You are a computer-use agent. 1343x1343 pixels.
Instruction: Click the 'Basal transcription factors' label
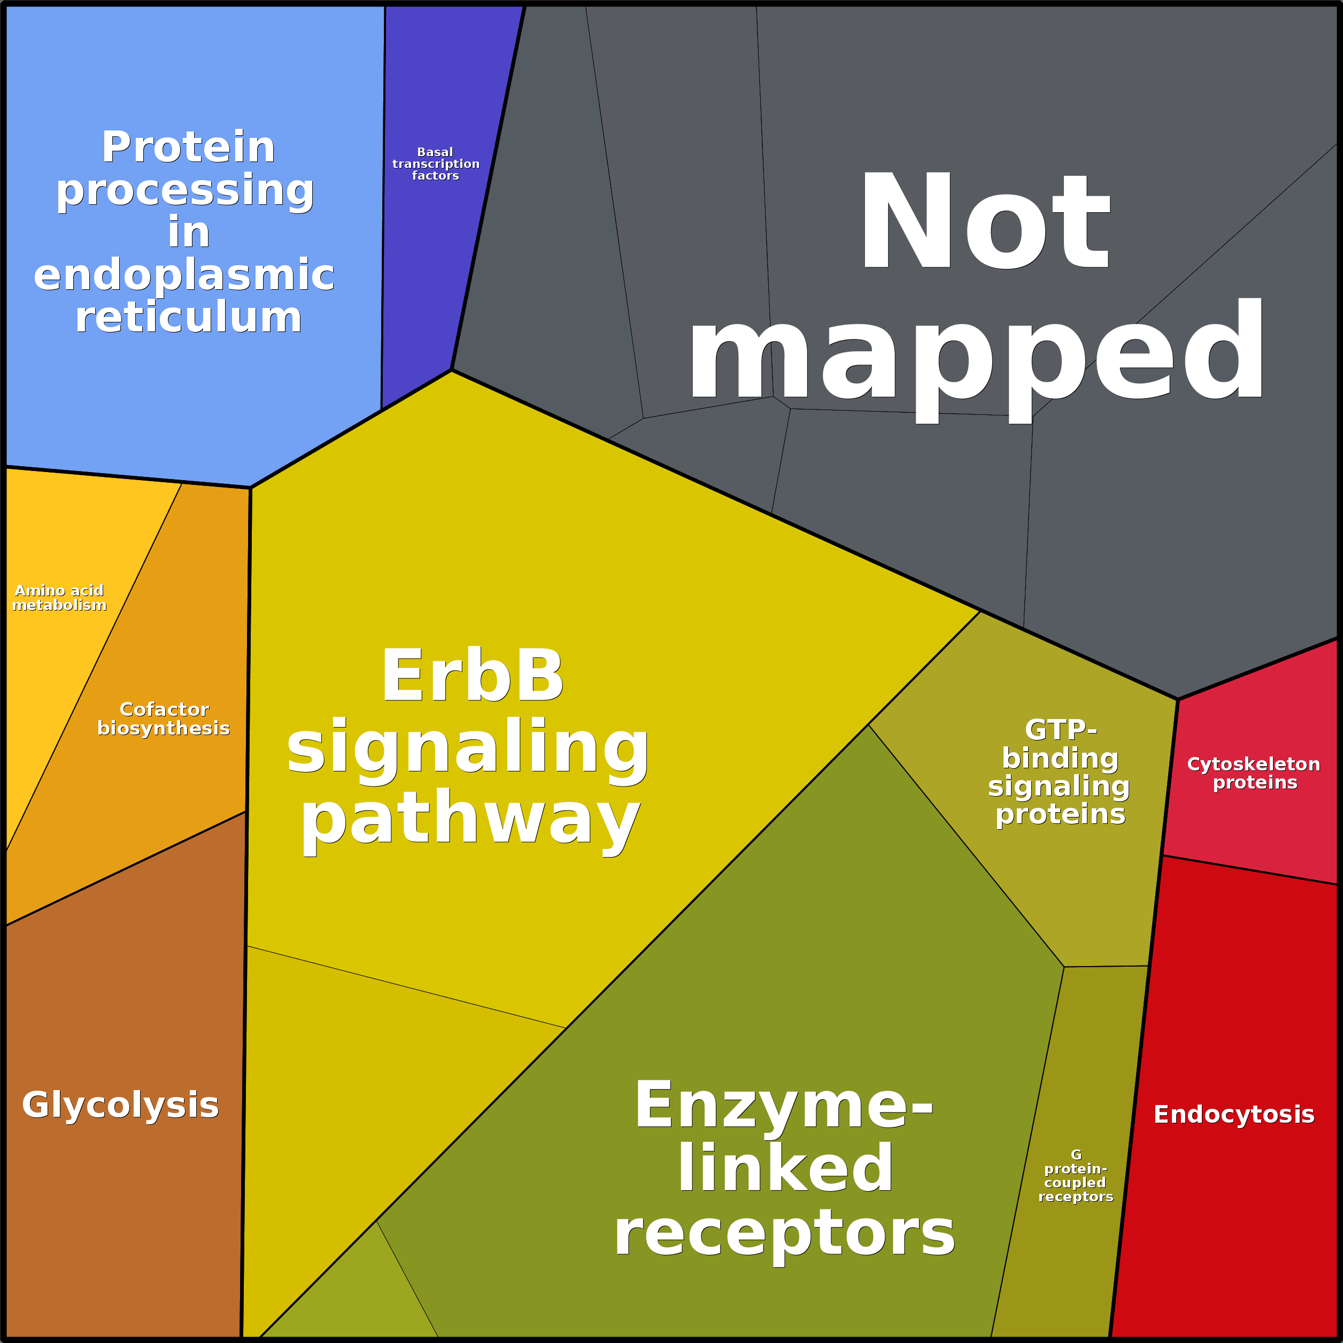click(x=436, y=164)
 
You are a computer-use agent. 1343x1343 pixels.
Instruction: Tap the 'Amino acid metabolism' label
click(x=60, y=598)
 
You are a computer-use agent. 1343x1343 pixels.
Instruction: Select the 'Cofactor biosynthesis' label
click(x=164, y=719)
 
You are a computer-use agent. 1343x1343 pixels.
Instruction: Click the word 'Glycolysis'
click(x=120, y=1105)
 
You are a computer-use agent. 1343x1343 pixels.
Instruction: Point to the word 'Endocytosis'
click(x=1234, y=1114)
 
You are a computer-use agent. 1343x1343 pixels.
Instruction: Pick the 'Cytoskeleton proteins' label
click(x=1254, y=773)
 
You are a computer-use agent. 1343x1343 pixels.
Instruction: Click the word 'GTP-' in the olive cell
click(x=1061, y=730)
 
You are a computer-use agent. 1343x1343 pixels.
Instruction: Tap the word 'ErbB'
click(x=473, y=676)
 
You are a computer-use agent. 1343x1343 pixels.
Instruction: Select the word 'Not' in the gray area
click(x=984, y=221)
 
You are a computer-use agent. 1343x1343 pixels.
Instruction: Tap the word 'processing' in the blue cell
click(x=185, y=190)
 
